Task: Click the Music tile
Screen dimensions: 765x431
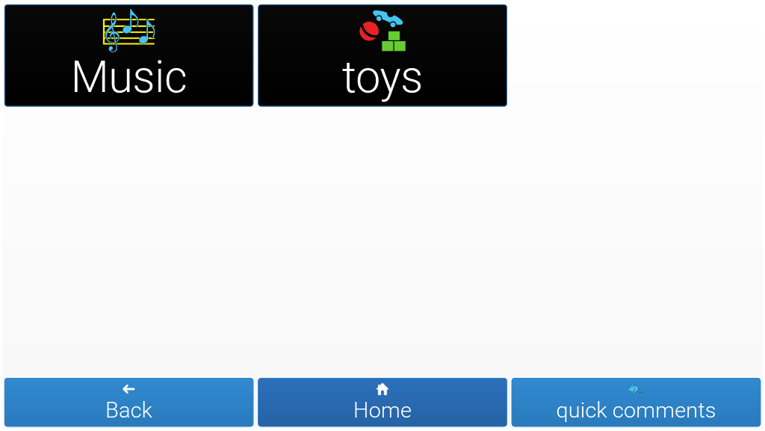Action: coord(128,55)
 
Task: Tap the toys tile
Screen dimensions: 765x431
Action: coord(382,55)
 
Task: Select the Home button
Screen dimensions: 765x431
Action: coord(382,402)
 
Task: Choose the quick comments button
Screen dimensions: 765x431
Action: coord(636,402)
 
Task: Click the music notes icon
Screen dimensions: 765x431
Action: coord(128,31)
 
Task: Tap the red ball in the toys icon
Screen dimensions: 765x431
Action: coord(369,31)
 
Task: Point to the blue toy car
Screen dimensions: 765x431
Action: coord(388,19)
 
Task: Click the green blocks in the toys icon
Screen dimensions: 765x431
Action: coord(394,42)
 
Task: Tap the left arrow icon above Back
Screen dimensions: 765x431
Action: coord(128,389)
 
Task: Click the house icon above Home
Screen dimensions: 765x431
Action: coord(382,389)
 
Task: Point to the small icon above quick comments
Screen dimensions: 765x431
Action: coord(635,389)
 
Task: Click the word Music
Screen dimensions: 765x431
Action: coord(129,77)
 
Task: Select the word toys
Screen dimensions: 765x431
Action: coord(382,79)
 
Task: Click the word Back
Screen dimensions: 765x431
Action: coord(128,410)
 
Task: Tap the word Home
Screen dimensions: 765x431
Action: coord(382,410)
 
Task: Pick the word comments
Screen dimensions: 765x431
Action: coord(664,411)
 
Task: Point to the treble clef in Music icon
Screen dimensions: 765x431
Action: coord(112,32)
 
